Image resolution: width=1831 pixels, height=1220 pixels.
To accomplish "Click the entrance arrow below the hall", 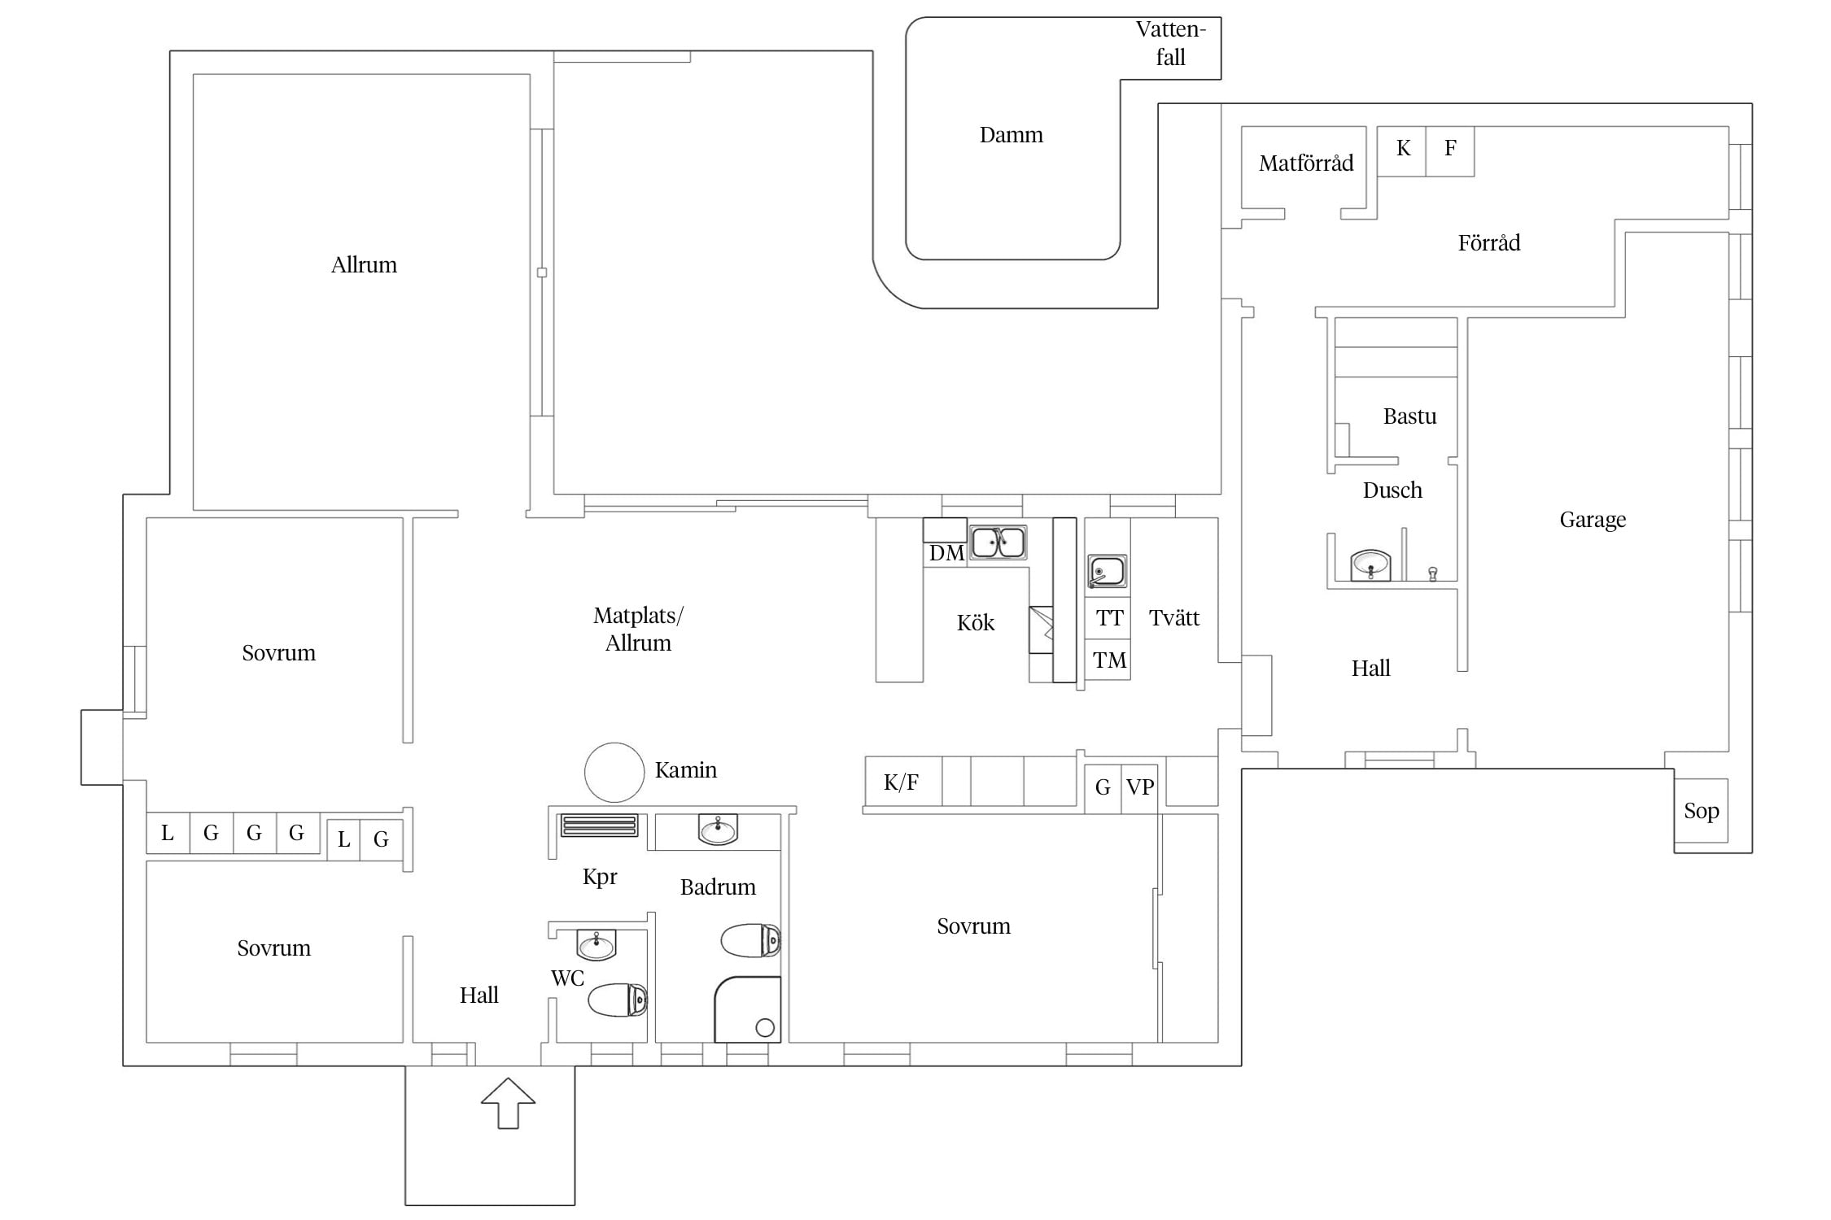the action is click(x=508, y=1103).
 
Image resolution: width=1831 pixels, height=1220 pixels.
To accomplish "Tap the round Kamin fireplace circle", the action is click(x=614, y=773).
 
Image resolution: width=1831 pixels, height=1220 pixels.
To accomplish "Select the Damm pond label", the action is click(x=1011, y=135).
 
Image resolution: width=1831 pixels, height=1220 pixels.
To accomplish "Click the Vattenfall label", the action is click(x=1170, y=43).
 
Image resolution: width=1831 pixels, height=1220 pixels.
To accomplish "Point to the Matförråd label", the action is click(x=1306, y=163).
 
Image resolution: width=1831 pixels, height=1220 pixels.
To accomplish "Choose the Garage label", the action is click(x=1593, y=520).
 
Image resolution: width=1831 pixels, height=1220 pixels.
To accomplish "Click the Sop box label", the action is click(x=1702, y=811).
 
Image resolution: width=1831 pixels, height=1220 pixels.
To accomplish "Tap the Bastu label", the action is click(x=1409, y=416).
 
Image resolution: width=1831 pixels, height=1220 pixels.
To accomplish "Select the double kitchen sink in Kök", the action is click(x=999, y=542).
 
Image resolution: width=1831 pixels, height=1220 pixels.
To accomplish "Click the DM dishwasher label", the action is click(x=946, y=554).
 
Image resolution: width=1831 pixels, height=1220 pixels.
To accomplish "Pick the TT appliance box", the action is click(x=1108, y=618).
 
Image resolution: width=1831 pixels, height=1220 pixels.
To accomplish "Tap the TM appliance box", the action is click(x=1108, y=660).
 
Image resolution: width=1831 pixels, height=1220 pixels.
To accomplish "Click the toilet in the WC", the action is click(x=618, y=1000).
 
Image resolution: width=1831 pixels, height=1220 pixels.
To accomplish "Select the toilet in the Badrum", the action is click(x=751, y=940).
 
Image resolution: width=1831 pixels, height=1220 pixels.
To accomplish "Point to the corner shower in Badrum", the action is click(x=748, y=1009).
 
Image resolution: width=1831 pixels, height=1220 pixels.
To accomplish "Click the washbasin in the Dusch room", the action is click(x=1371, y=564).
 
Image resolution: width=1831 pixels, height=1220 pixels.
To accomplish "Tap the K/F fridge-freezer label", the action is click(x=901, y=782).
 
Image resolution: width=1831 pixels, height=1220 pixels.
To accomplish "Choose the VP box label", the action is click(x=1139, y=787).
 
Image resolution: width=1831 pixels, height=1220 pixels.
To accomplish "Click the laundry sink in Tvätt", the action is click(x=1107, y=572).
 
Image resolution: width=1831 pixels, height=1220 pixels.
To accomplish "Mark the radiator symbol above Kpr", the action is click(x=599, y=826).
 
